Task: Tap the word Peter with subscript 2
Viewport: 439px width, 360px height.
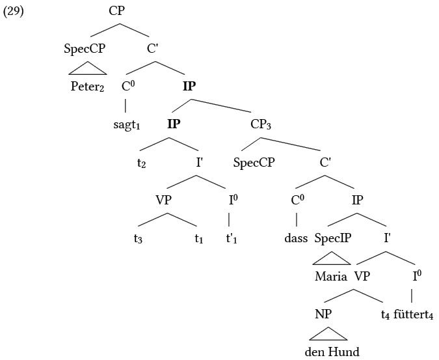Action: pos(87,86)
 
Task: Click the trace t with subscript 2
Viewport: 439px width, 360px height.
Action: pos(142,163)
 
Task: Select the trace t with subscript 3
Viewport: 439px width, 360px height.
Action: pos(138,238)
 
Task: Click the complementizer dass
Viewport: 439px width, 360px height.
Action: pos(295,238)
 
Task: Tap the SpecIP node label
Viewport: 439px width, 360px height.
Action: pos(332,238)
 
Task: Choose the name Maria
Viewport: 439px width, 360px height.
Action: pos(331,275)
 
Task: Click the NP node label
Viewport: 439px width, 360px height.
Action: pos(324,314)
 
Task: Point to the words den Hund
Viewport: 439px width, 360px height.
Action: pos(332,352)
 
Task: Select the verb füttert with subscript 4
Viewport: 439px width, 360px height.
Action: pos(413,314)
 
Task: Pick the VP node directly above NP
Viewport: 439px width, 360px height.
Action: pos(362,275)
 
